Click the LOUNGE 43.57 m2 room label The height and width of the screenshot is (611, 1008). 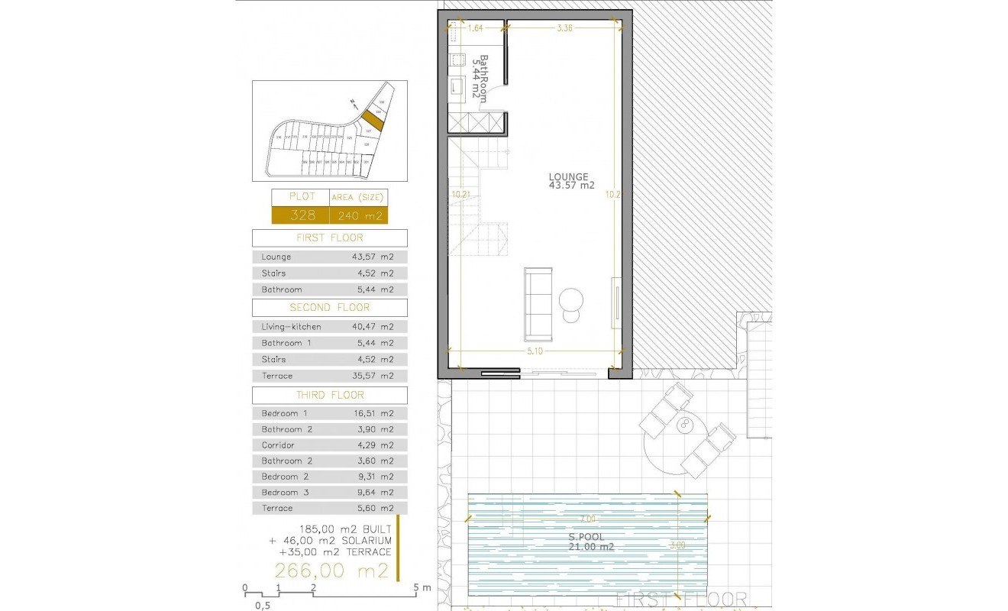571,181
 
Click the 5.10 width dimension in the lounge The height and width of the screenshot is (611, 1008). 535,352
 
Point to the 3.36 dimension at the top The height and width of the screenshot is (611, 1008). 565,28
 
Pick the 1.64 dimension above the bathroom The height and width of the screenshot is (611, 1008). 476,28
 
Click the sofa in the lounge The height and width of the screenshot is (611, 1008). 538,303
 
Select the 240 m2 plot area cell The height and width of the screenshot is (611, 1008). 358,215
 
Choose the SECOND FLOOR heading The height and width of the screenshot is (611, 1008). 329,307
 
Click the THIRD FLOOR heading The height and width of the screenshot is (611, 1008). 329,395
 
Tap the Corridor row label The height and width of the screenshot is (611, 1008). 278,445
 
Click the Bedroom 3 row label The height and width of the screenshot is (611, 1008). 285,493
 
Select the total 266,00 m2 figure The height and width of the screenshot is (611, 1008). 332,570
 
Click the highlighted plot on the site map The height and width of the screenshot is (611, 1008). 371,119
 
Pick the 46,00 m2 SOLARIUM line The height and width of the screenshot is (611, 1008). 330,540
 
